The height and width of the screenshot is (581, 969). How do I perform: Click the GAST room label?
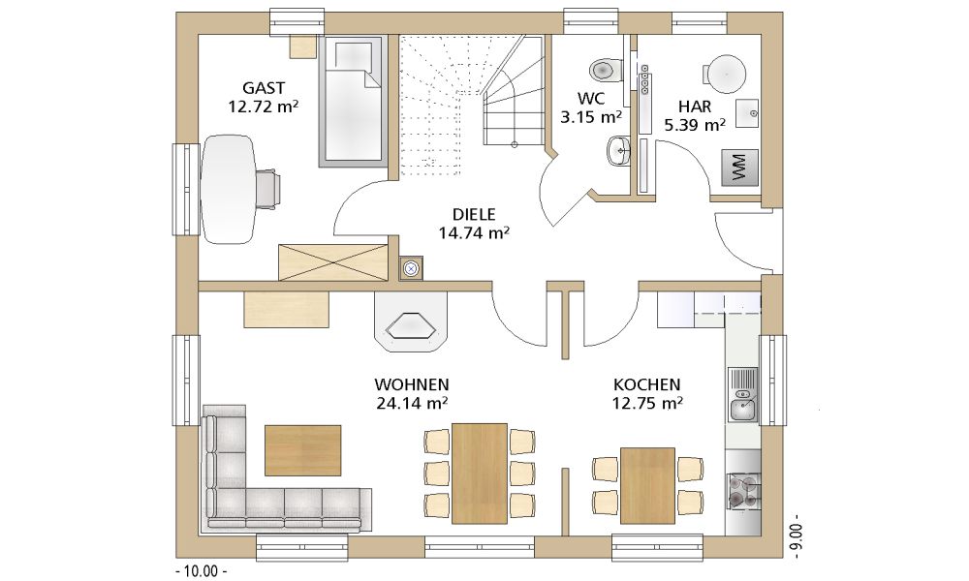tap(264, 88)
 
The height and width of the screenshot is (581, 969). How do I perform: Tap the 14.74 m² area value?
tap(474, 232)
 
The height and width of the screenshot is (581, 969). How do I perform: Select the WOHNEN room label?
tap(412, 384)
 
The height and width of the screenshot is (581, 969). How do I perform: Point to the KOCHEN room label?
tap(647, 384)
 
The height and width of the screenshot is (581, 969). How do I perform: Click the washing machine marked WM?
tap(739, 167)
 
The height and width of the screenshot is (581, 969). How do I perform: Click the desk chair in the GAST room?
tap(267, 188)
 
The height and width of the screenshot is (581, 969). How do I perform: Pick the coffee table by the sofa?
tap(302, 450)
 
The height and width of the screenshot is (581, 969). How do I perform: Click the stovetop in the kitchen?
tap(742, 492)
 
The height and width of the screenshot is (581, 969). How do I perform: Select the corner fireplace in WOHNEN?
tap(410, 321)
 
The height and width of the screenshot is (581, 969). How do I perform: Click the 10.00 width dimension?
tap(203, 570)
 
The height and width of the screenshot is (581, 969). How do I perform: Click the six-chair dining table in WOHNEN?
tap(480, 473)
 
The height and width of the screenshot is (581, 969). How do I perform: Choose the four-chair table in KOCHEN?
tap(647, 485)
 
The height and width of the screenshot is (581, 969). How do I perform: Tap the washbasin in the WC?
tap(617, 151)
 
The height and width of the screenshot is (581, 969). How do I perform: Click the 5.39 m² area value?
tap(695, 125)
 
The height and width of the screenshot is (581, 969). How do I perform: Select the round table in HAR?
tap(726, 75)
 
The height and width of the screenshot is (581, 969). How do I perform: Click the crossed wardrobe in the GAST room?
tap(333, 262)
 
